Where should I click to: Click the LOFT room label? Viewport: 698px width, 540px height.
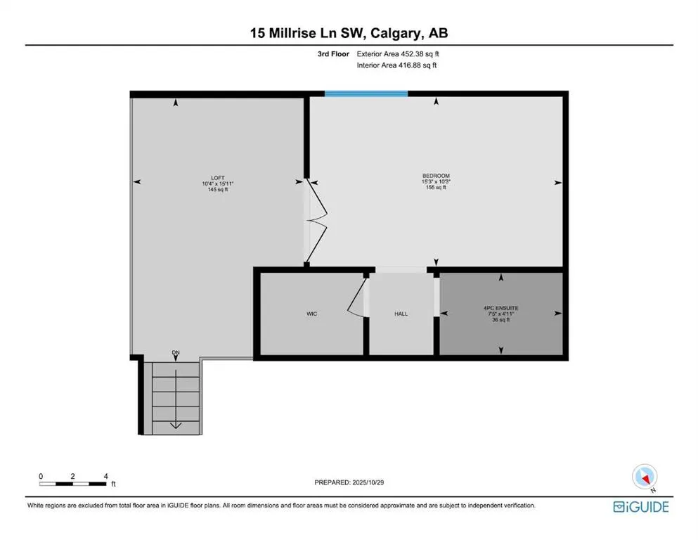pyautogui.click(x=217, y=177)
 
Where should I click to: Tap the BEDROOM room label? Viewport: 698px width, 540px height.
pyautogui.click(x=435, y=176)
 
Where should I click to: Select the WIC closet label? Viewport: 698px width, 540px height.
pyautogui.click(x=311, y=314)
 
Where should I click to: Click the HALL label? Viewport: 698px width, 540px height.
pyautogui.click(x=401, y=314)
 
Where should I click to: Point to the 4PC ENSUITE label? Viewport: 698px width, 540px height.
pyautogui.click(x=500, y=308)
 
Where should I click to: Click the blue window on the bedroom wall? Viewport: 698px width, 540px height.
pyautogui.click(x=366, y=94)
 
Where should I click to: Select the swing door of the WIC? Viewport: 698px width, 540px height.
pyautogui.click(x=357, y=301)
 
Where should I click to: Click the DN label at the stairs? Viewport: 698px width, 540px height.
pyautogui.click(x=175, y=352)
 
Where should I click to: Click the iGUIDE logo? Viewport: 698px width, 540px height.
pyautogui.click(x=640, y=506)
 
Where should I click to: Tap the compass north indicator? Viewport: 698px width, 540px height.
pyautogui.click(x=643, y=477)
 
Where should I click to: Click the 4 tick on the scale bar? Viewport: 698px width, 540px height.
pyautogui.click(x=105, y=476)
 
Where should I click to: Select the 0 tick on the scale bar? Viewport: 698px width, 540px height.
pyautogui.click(x=41, y=476)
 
